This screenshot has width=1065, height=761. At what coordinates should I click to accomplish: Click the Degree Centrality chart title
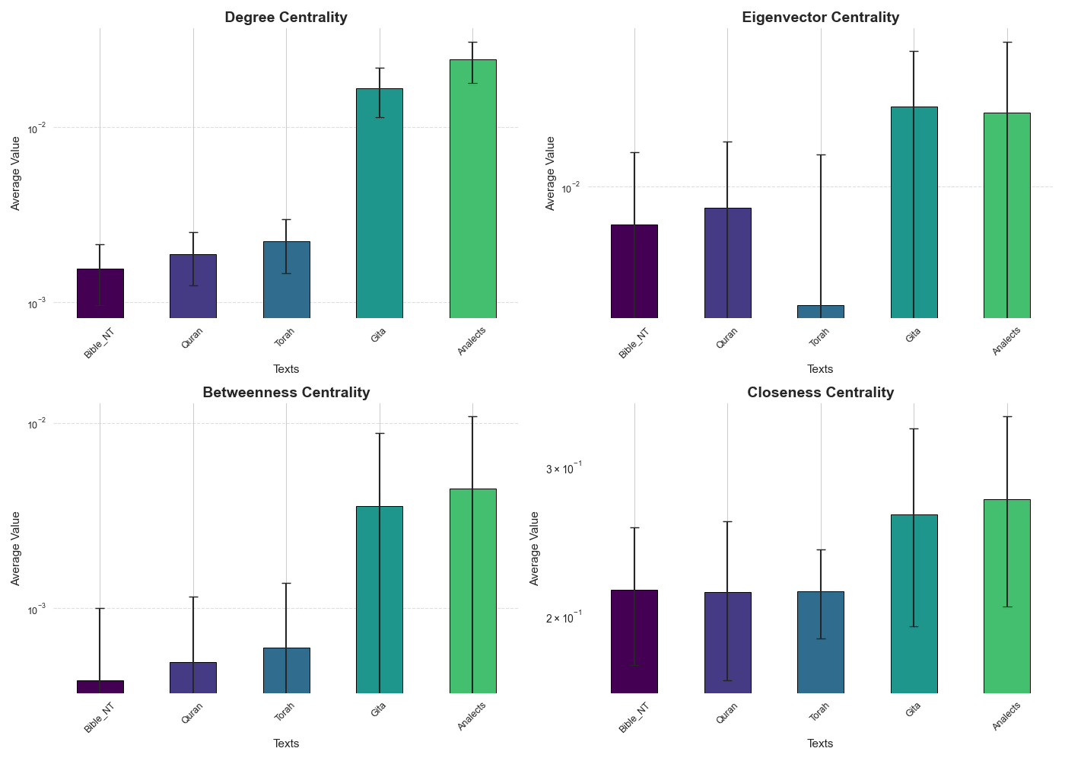coord(286,18)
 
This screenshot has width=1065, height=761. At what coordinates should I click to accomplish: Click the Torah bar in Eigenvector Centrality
coord(820,311)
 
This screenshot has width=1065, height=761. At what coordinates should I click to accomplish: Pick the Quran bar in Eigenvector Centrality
coord(727,263)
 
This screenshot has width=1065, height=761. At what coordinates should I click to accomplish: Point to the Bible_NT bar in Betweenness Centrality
coord(100,686)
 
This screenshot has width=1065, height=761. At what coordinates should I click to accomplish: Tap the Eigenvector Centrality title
coord(820,18)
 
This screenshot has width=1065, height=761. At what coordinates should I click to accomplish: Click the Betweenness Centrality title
coord(286,393)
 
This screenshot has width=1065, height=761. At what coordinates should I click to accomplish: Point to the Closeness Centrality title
coord(820,393)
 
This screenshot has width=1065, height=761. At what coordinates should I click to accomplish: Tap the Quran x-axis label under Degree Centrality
coord(192,337)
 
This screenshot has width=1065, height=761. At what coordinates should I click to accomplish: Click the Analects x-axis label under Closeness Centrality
coord(1006,716)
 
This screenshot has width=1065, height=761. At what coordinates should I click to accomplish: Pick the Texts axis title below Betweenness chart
coord(286,743)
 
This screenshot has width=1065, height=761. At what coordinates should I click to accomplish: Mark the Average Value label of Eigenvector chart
coord(551,174)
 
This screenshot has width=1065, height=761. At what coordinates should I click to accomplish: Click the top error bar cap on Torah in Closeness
coord(820,549)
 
